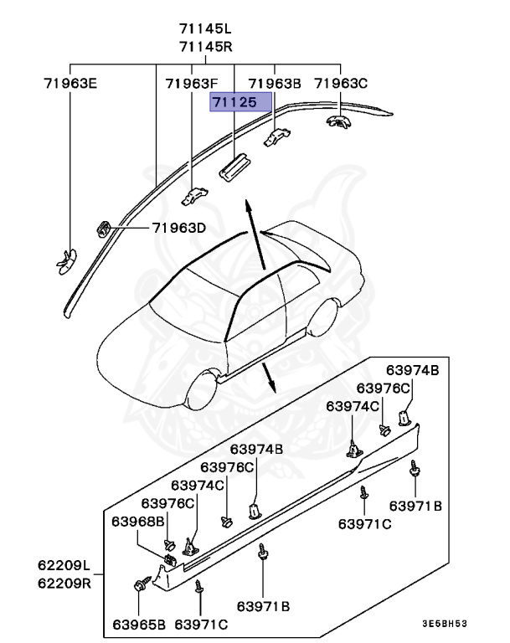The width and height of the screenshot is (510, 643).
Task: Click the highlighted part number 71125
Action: pos(241,102)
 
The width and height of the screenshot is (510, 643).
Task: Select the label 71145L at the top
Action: pos(206,29)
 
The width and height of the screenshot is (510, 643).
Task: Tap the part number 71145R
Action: pos(206,46)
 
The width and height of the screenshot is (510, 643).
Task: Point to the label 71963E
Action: pos(70,83)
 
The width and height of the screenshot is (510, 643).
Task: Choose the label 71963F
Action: pos(191,83)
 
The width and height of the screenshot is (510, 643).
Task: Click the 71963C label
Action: pos(341,83)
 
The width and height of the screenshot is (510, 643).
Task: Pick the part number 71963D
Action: pos(178,228)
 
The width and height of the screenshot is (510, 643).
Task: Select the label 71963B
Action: pos(275,83)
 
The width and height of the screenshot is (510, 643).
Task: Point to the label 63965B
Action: pos(140,624)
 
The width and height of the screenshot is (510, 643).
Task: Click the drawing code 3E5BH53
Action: pos(444,624)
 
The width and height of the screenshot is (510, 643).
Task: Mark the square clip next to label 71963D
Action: pos(106,228)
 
